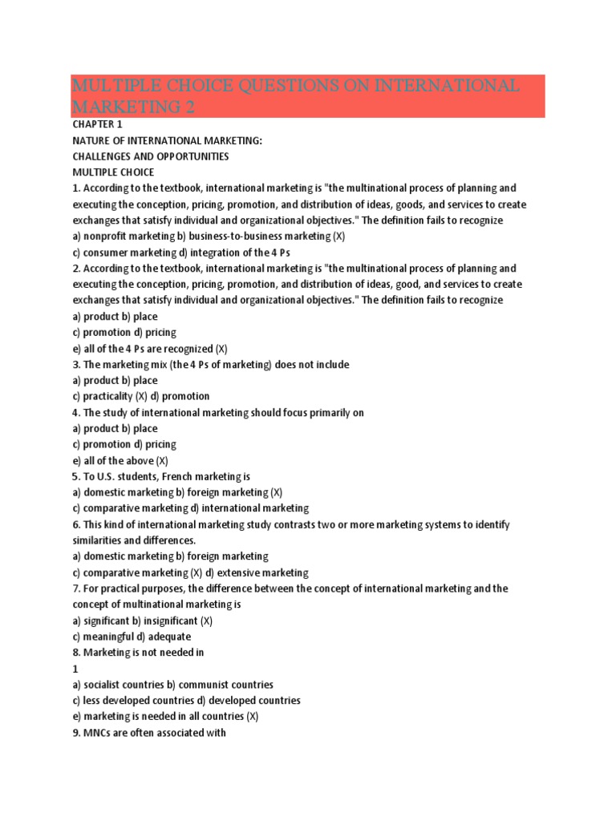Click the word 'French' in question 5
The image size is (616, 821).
point(156,477)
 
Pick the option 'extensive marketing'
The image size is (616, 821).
point(264,573)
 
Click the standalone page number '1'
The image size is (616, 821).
point(75,669)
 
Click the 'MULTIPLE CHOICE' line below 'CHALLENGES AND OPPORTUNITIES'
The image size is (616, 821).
point(113,172)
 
